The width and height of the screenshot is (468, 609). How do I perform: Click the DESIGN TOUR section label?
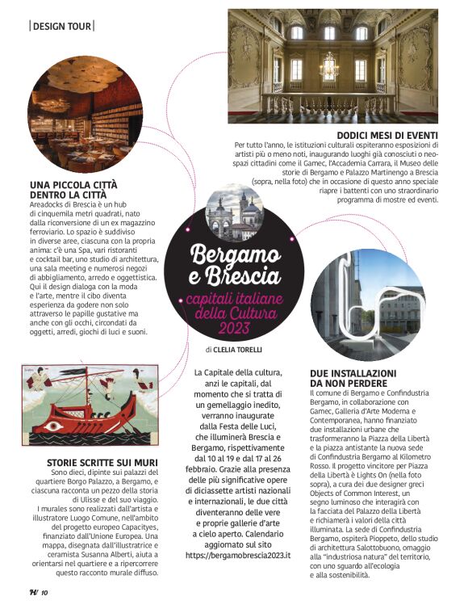coord(61,26)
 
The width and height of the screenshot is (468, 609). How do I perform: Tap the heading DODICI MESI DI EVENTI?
coord(387,135)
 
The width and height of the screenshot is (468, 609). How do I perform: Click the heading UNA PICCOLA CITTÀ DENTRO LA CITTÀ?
coord(74,190)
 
